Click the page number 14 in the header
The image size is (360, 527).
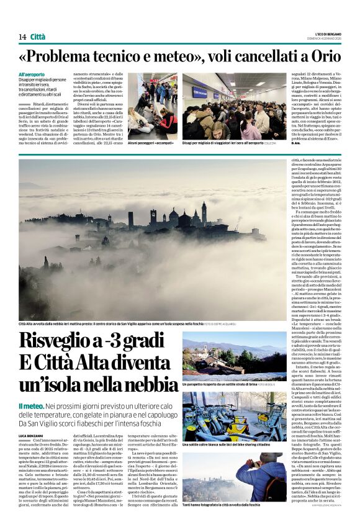(22, 37)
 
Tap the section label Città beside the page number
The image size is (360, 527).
(38, 37)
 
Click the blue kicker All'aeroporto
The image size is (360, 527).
(32, 74)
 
